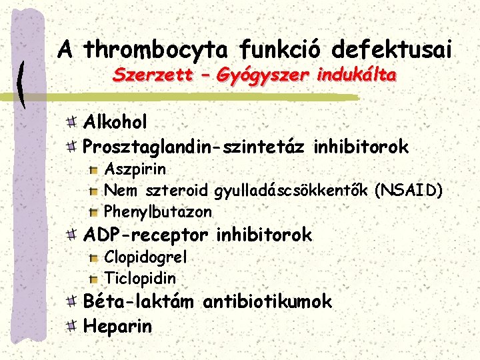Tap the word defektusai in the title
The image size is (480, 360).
click(392, 49)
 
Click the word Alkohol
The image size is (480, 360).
click(115, 122)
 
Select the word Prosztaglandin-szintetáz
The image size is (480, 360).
click(201, 145)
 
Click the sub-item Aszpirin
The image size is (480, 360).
click(135, 169)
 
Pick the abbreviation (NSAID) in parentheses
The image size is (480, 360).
click(408, 191)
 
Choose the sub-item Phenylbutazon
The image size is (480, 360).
click(158, 213)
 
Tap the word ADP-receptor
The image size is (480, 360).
click(146, 235)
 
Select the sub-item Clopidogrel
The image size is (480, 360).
click(145, 257)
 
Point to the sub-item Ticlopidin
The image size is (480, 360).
click(140, 278)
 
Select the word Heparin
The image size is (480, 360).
click(117, 326)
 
